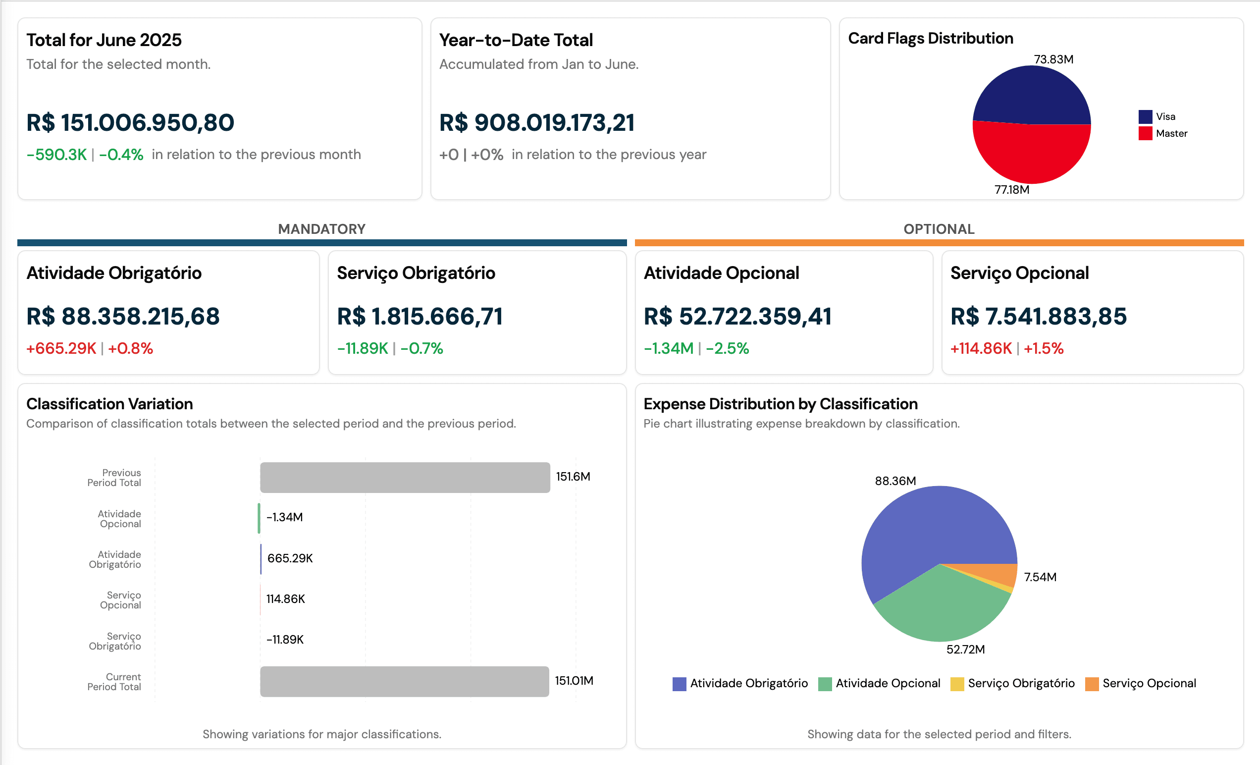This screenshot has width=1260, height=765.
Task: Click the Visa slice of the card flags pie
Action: (1031, 95)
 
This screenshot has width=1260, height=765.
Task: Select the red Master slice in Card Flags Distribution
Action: (1031, 154)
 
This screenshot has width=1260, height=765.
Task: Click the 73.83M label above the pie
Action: (1053, 59)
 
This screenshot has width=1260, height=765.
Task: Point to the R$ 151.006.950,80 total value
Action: (130, 123)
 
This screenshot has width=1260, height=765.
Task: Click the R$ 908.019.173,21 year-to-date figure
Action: (537, 123)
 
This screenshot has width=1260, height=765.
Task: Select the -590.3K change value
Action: (57, 155)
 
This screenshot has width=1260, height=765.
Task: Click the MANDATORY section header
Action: (321, 229)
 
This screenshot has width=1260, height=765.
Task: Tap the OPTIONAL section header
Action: (939, 229)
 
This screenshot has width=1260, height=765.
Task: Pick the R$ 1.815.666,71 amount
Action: (420, 316)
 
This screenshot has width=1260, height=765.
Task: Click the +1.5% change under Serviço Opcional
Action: (1044, 348)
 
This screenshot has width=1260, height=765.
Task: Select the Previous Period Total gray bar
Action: (405, 478)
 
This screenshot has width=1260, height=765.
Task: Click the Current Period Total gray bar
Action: (405, 681)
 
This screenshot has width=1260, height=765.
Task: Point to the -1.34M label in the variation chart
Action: (285, 517)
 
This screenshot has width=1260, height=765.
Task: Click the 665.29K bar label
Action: (290, 558)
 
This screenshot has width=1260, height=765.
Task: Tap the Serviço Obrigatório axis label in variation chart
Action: (115, 641)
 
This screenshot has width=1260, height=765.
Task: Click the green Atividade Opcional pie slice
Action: (941, 609)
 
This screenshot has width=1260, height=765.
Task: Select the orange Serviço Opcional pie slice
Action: (1002, 574)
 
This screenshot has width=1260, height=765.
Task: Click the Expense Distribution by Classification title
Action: (781, 404)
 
